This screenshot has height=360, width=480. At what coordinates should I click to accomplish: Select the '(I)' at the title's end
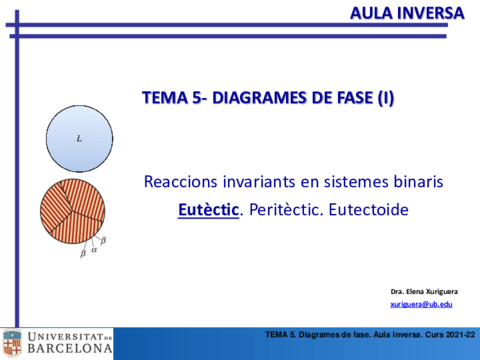(384, 96)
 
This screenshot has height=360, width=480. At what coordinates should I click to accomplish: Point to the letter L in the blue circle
(80, 139)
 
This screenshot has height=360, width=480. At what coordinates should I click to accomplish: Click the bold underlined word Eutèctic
(209, 211)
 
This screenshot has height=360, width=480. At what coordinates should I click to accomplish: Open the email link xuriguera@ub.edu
(421, 303)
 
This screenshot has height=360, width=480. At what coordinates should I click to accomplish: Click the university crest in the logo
(12, 343)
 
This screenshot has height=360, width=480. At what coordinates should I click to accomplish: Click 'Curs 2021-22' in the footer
(446, 333)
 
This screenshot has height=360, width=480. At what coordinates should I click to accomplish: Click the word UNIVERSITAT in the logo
(64, 336)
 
